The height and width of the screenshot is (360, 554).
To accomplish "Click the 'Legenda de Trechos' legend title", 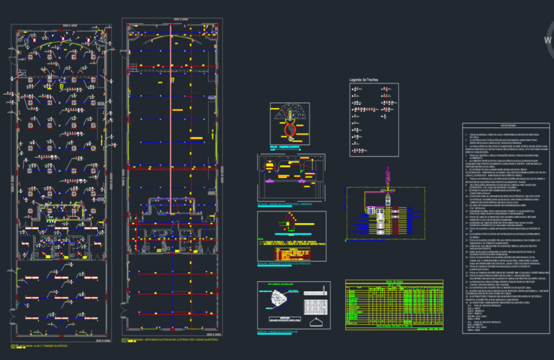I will [x=363, y=80].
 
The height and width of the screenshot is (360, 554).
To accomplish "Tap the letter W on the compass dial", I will [x=548, y=40].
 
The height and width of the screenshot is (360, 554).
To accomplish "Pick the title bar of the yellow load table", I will [x=394, y=282].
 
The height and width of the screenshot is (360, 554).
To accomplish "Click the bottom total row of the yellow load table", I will [x=394, y=326].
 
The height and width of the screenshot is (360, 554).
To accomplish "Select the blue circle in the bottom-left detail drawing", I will [x=275, y=300].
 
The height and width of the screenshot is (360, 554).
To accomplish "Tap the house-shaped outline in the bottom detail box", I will [x=316, y=321].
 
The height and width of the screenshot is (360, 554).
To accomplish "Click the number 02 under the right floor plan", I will [x=124, y=340].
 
